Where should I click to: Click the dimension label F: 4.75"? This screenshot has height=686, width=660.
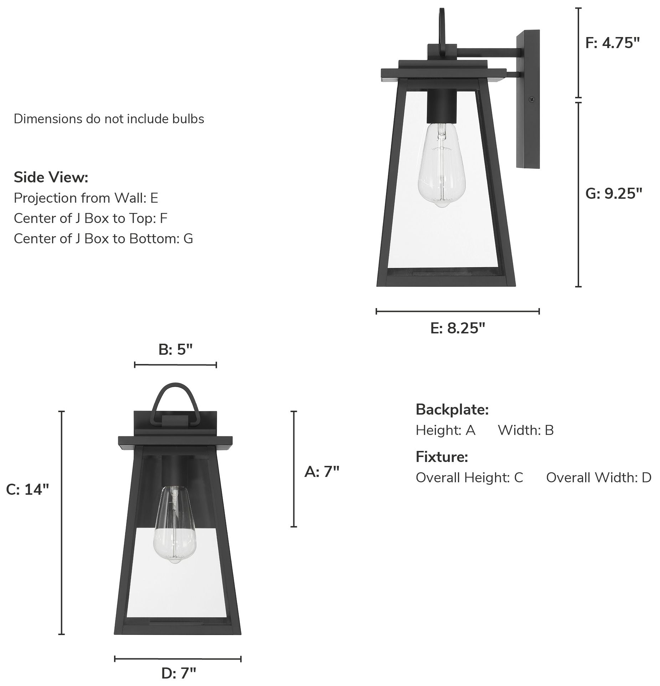(x=612, y=43)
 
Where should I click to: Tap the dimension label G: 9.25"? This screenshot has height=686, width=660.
(x=614, y=193)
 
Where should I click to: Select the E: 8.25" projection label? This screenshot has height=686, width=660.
(x=458, y=328)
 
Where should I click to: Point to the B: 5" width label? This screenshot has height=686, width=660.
(x=175, y=350)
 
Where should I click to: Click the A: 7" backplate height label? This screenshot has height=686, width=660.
(x=322, y=472)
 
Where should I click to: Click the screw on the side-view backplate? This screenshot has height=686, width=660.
(x=532, y=100)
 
